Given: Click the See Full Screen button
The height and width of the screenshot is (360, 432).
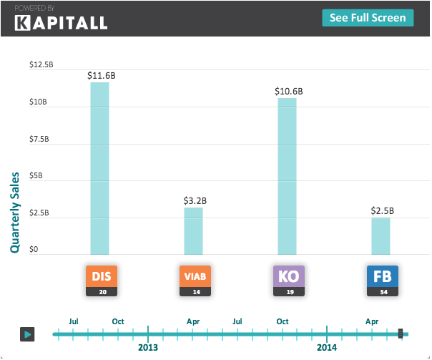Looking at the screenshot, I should point(368,18).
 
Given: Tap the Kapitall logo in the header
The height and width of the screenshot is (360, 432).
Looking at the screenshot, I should point(62,22).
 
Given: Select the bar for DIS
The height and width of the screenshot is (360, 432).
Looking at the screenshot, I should point(99,168).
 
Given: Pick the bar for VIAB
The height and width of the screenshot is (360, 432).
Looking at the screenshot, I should point(193,230).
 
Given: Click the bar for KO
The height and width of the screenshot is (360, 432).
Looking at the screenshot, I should point(287,176).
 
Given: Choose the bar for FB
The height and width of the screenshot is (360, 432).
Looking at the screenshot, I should point(381,235).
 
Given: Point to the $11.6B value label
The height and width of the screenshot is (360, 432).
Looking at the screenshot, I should point(99,74).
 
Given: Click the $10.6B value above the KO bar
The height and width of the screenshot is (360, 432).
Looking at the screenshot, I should point(288,91).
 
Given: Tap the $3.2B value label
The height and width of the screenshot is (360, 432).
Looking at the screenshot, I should point(195,200).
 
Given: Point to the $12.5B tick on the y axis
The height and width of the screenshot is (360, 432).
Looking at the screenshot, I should point(41,64).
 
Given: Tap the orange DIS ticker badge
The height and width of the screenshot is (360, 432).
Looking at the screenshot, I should point(100,276).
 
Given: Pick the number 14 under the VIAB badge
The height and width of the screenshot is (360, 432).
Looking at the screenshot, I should point(195,291).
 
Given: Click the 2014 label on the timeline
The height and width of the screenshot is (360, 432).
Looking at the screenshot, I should point(327,347).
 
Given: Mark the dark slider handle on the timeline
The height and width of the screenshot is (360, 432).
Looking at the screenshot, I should point(401,334).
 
